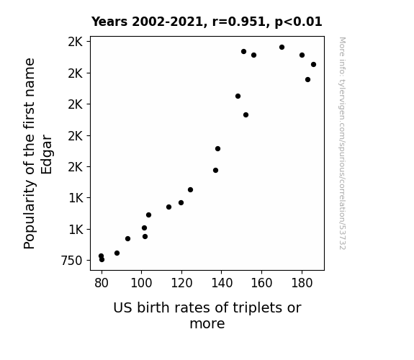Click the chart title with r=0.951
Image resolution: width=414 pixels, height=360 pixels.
click(x=207, y=22)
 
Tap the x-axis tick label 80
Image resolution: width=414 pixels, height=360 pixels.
click(x=102, y=283)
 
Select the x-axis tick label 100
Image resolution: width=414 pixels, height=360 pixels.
click(x=141, y=283)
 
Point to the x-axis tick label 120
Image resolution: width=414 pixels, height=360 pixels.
click(x=181, y=283)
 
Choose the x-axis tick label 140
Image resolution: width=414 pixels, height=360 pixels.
click(x=222, y=283)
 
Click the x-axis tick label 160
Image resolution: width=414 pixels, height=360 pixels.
click(x=261, y=283)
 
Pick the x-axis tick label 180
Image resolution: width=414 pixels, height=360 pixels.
click(x=302, y=283)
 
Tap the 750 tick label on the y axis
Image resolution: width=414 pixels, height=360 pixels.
click(x=72, y=261)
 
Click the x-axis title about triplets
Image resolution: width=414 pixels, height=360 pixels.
click(x=207, y=315)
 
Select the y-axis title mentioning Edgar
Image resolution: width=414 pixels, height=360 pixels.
click(x=38, y=153)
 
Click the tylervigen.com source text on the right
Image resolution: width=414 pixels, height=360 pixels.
click(x=342, y=143)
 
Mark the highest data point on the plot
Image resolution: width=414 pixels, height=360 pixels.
click(x=282, y=48)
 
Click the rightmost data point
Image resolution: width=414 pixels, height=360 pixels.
click(x=313, y=65)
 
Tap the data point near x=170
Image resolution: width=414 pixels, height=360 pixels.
click(x=282, y=48)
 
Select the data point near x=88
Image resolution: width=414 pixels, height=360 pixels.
click(x=117, y=253)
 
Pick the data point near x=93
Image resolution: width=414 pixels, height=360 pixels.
click(x=127, y=239)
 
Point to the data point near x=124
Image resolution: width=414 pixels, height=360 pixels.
click(x=190, y=189)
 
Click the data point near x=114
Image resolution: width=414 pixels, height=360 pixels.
click(x=168, y=207)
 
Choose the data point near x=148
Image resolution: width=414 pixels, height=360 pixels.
click(x=238, y=96)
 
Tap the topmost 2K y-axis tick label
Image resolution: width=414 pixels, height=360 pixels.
click(x=76, y=42)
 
